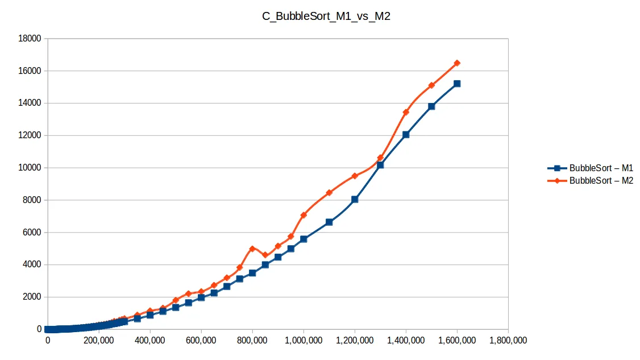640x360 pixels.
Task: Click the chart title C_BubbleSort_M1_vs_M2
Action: point(326,16)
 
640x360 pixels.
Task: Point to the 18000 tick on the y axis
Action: point(30,39)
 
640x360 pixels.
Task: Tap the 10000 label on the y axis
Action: point(30,168)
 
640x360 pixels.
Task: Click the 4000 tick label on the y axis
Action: point(32,264)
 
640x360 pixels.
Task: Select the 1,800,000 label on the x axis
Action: point(508,341)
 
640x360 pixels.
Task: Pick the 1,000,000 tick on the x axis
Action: point(303,341)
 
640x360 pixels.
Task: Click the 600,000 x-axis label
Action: point(201,341)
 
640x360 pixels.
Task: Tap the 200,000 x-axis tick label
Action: point(99,341)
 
